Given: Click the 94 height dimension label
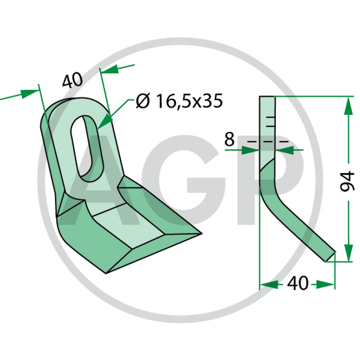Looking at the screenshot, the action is pyautogui.click(x=347, y=182).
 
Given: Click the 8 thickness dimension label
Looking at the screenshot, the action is pyautogui.click(x=229, y=139).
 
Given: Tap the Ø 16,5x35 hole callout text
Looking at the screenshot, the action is pyautogui.click(x=179, y=101).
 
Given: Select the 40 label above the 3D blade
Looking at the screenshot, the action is pyautogui.click(x=72, y=80).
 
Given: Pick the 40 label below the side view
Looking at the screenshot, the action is pyautogui.click(x=297, y=283).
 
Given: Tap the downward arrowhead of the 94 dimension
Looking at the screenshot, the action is pyautogui.click(x=349, y=253).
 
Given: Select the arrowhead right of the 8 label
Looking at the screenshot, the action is pyautogui.click(x=284, y=150).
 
